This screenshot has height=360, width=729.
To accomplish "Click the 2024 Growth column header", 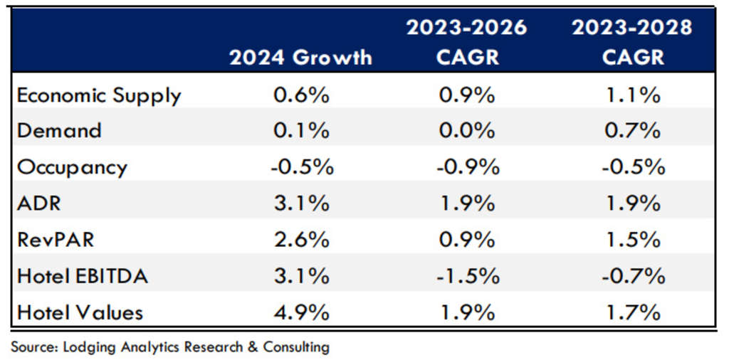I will [x=300, y=57].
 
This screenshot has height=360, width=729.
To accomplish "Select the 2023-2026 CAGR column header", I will [x=466, y=42].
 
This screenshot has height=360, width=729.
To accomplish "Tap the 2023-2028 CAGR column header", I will [x=633, y=42].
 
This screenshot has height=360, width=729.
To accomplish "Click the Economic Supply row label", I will [x=99, y=95].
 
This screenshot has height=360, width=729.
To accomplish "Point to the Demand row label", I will [x=59, y=131].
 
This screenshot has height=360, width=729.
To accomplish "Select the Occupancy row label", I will [x=72, y=167].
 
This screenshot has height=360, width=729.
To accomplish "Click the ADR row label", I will [x=39, y=203].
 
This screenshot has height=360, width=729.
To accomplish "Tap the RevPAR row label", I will [x=56, y=240].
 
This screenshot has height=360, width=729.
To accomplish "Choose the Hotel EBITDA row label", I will [x=83, y=276].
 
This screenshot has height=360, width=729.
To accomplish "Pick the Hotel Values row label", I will [x=80, y=312].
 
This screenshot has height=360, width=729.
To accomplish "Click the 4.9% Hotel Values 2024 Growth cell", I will [x=301, y=312].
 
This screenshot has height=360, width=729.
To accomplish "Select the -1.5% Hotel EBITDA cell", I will [x=466, y=276].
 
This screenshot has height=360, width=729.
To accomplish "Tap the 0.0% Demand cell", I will [x=466, y=131].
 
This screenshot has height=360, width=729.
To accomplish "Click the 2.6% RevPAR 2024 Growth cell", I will [x=301, y=240].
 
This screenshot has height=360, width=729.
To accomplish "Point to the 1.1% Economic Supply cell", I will [x=633, y=95].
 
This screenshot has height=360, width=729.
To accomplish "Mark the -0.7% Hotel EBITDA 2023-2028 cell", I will [x=633, y=276].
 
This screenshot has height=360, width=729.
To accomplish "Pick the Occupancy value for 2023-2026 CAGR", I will [x=466, y=167].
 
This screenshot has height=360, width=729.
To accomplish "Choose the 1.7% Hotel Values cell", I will [x=633, y=312].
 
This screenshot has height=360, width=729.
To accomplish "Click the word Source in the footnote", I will [x=33, y=347].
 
